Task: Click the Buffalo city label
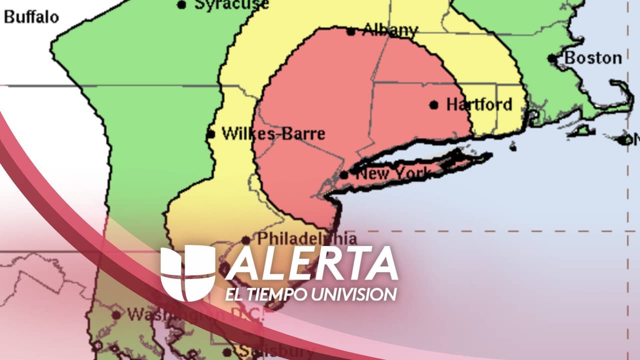pos(31,17)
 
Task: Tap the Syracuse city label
pos(231,4)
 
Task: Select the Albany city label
pos(390,30)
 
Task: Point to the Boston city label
pos(593,58)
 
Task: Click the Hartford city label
pos(479,104)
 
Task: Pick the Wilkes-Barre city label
pos(273,134)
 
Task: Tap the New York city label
pos(393,174)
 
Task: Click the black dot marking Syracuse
pos(182,5)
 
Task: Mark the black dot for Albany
pos(351,31)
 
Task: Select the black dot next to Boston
pos(552,58)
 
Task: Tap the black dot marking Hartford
pos(434,105)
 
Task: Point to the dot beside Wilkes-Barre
pos(211,134)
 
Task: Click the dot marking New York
pos(344,175)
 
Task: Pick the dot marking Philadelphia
pos(246,240)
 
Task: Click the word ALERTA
pos(311,263)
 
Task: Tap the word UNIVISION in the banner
pos(353,294)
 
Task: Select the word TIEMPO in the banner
pos(275,294)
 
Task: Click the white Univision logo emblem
pos(187,273)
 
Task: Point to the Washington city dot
pos(116,315)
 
